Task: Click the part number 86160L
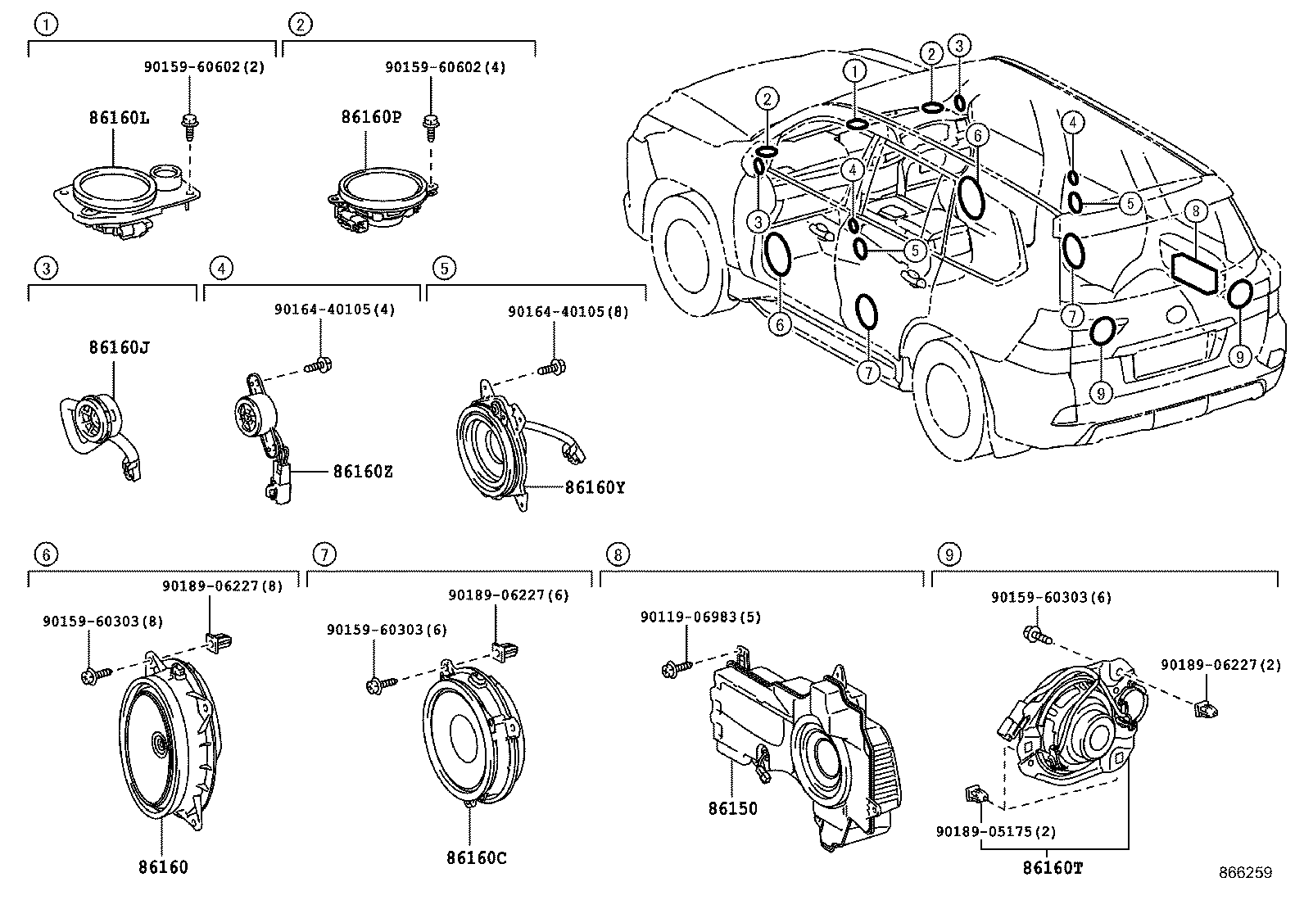click(119, 118)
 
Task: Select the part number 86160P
click(371, 117)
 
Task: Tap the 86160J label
click(119, 348)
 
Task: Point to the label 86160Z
click(362, 472)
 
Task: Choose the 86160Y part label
click(595, 488)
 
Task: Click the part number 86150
click(732, 808)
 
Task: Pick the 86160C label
click(477, 857)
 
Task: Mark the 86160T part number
click(1052, 867)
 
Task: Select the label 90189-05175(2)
click(995, 832)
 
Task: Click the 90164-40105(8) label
click(568, 311)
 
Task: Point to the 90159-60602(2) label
click(204, 67)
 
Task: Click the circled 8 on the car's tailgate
click(1195, 211)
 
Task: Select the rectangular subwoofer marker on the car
click(1195, 272)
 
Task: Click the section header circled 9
click(949, 554)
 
